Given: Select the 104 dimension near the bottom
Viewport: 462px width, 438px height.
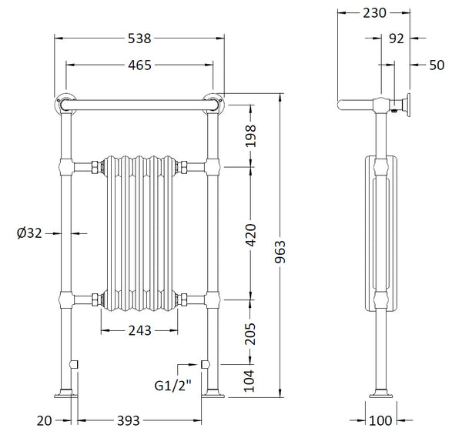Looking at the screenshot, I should [x=250, y=381].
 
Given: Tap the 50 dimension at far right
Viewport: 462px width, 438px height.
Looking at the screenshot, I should [x=436, y=65].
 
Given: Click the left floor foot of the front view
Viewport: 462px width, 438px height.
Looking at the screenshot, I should [x=65, y=396].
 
